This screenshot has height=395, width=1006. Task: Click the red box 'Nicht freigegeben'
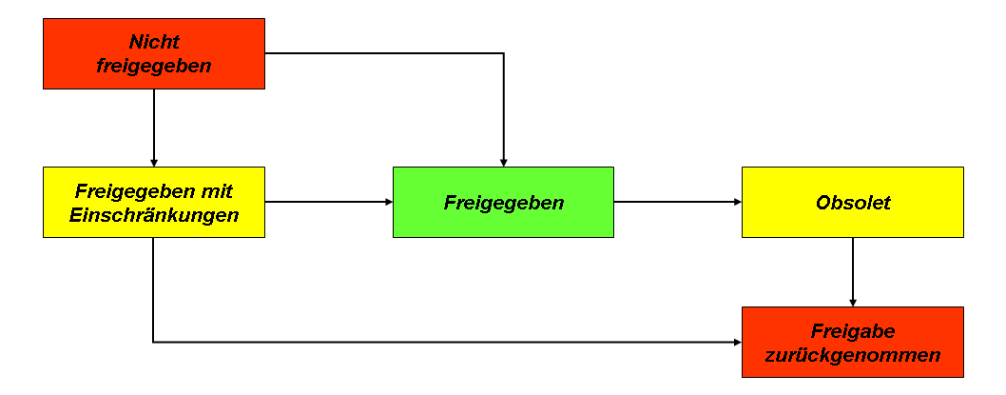pyautogui.click(x=154, y=53)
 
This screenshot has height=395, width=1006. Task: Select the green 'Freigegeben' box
pyautogui.click(x=504, y=203)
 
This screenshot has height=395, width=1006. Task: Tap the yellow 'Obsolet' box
pyautogui.click(x=853, y=203)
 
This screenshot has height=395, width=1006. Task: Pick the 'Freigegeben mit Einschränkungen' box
pyautogui.click(x=154, y=203)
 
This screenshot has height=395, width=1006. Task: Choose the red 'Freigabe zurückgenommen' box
pyautogui.click(x=853, y=342)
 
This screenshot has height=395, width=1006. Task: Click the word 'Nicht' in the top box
pyautogui.click(x=154, y=43)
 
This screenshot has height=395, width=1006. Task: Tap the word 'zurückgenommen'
pyautogui.click(x=853, y=354)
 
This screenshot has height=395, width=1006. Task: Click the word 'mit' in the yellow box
pyautogui.click(x=217, y=191)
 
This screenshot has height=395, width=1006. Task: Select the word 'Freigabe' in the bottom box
pyautogui.click(x=853, y=331)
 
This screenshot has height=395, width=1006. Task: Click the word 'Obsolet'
pyautogui.click(x=853, y=203)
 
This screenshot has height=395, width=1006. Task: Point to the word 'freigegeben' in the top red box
pyautogui.click(x=154, y=67)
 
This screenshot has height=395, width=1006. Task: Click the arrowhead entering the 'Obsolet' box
pyautogui.click(x=738, y=202)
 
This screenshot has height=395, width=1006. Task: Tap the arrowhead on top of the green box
pyautogui.click(x=504, y=163)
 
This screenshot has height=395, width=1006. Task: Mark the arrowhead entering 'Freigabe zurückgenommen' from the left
pyautogui.click(x=738, y=342)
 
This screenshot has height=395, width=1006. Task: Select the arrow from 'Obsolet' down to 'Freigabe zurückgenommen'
pyautogui.click(x=853, y=271)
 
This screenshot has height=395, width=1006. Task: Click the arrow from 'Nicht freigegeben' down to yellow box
pyautogui.click(x=154, y=128)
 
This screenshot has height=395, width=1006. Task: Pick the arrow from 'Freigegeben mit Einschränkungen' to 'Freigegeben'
pyautogui.click(x=328, y=202)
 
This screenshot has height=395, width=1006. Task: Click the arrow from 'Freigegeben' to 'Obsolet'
pyautogui.click(x=678, y=202)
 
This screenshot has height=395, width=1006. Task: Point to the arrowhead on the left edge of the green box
pyautogui.click(x=389, y=202)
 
